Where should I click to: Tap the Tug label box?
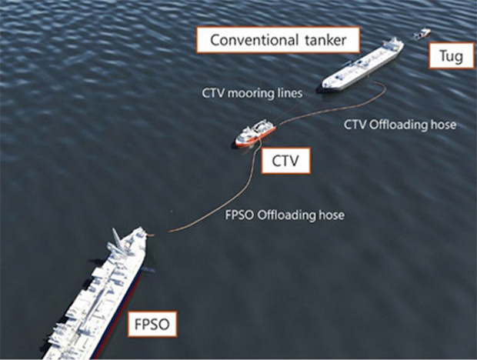(447, 57)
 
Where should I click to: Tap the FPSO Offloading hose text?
(285, 215)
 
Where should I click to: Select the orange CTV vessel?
(255, 135)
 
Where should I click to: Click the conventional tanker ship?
(362, 65)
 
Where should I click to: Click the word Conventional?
(249, 40)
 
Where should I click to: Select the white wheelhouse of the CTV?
(261, 128)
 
